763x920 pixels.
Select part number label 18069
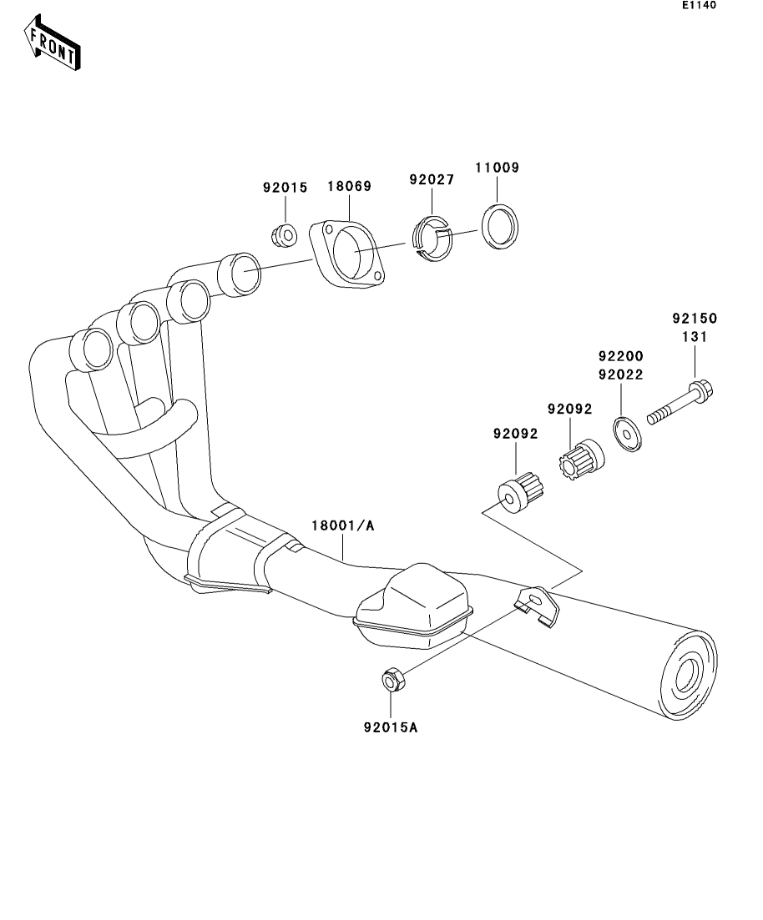pyautogui.click(x=348, y=187)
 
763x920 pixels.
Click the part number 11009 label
pyautogui.click(x=498, y=168)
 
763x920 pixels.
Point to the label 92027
pyautogui.click(x=432, y=179)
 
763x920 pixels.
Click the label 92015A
pyautogui.click(x=390, y=726)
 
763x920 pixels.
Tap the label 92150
pyautogui.click(x=695, y=319)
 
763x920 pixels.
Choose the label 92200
pyautogui.click(x=620, y=356)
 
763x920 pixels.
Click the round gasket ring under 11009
pyautogui.click(x=499, y=226)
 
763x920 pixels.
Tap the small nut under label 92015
pyautogui.click(x=284, y=234)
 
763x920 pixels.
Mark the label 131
pyautogui.click(x=695, y=337)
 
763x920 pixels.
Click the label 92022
pyautogui.click(x=620, y=375)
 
